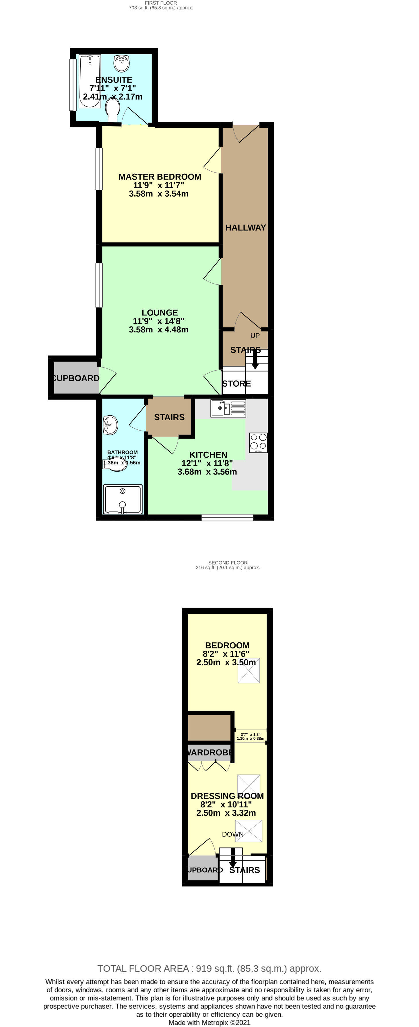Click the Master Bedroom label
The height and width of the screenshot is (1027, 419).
160,177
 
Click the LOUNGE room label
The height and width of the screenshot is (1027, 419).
160,313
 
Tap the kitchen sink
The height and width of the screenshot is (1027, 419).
228,408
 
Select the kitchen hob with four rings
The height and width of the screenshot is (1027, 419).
258,442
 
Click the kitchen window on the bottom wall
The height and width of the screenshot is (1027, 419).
227,518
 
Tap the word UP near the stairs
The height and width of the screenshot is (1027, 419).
255,336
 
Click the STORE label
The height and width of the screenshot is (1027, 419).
236,383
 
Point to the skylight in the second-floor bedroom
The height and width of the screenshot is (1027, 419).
249,671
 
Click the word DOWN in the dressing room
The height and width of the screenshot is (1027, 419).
232,834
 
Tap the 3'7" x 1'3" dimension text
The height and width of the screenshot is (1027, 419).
250,736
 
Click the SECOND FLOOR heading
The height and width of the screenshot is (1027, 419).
228,563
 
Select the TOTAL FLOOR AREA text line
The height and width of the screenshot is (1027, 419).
209,968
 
